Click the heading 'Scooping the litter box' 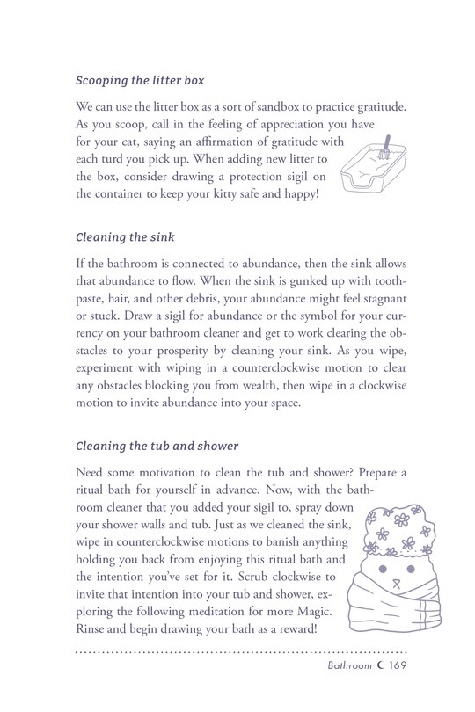[x=140, y=81]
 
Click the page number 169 [x=393, y=692]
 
